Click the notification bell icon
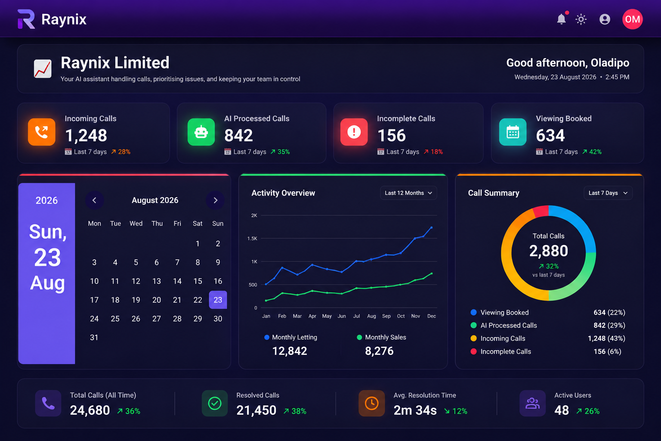pos(561,19)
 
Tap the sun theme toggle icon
pos(581,19)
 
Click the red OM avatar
pos(632,19)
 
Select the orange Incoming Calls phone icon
pos(42,132)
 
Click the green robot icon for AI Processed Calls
pos(201,132)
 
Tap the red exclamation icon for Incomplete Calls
pos(354,132)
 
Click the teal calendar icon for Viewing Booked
pos(513,132)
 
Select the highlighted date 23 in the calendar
pos(218,300)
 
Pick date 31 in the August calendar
pos(94,337)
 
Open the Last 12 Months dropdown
pos(408,193)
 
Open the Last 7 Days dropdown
pos(608,193)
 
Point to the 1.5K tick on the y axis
pos(252,238)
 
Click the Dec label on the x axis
pos(432,316)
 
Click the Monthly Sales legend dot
pos(359,337)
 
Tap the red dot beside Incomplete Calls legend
pos(474,351)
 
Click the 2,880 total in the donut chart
pos(549,251)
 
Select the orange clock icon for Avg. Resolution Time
pos(372,404)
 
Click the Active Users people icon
pos(533,404)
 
